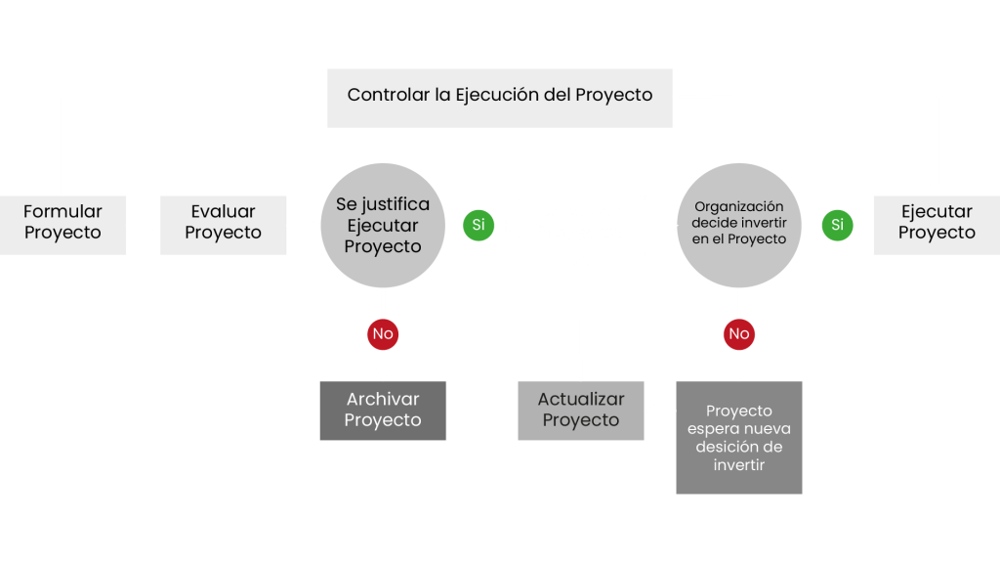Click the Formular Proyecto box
tap(62, 224)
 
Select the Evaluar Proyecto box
tap(223, 224)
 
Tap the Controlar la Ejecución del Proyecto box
tap(499, 97)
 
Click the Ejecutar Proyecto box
tap(936, 224)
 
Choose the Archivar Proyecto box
tap(383, 411)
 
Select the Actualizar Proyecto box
tap(580, 411)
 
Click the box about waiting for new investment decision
tap(738, 437)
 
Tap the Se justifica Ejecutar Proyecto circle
tap(383, 225)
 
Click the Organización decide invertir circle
tap(738, 225)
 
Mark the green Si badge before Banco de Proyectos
tap(478, 225)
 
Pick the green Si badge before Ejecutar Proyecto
tap(836, 225)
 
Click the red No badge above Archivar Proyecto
tap(383, 334)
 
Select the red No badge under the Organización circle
tap(738, 334)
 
